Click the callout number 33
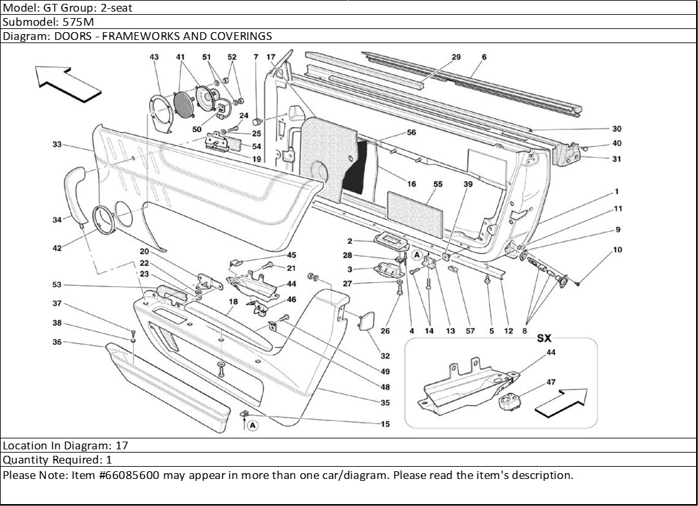click(x=57, y=145)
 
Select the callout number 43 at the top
click(x=154, y=57)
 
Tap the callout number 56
click(x=411, y=133)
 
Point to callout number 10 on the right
click(x=617, y=249)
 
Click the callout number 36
click(x=57, y=342)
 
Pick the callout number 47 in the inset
click(x=551, y=382)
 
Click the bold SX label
click(x=545, y=337)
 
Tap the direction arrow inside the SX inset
click(x=561, y=402)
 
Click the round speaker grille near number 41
click(x=184, y=103)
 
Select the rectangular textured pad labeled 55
click(x=415, y=205)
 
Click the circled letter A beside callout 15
click(x=253, y=425)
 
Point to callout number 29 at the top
click(x=456, y=57)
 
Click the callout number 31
click(x=617, y=159)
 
